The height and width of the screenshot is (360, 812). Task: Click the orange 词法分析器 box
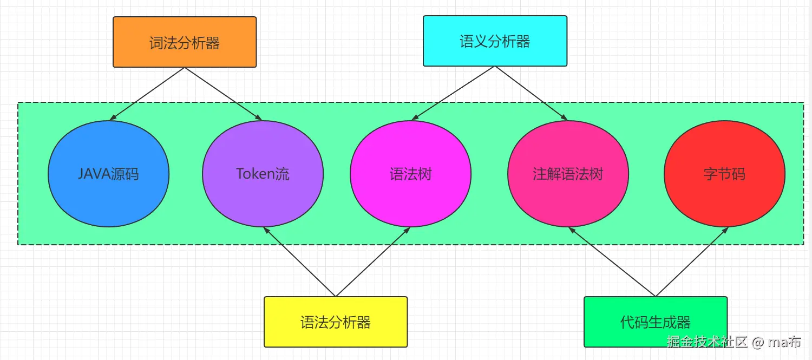coord(185,42)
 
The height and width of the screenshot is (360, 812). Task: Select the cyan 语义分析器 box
coord(495,41)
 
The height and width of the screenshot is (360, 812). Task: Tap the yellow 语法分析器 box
coord(336,322)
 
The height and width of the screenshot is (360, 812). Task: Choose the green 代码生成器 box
coord(656,322)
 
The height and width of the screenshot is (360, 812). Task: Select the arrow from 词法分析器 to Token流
coord(223,94)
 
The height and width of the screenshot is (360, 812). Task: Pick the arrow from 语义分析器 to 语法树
coord(454,93)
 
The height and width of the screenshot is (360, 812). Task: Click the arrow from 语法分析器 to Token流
coord(299,261)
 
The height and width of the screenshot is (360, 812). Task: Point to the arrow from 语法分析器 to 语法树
coord(372,261)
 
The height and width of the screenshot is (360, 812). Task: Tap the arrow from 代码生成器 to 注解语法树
coord(612,261)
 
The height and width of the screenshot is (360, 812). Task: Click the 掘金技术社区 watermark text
coord(707,342)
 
